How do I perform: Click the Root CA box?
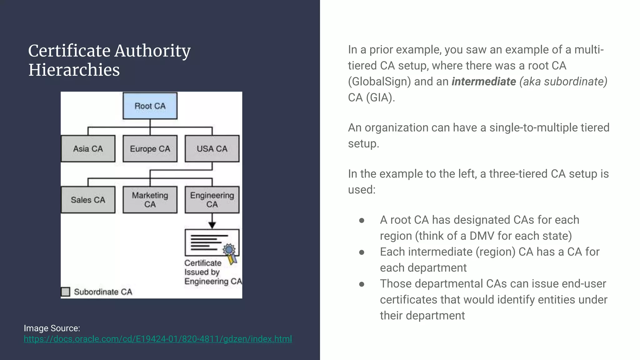150,106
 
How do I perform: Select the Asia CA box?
88,149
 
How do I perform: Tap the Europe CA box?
150,149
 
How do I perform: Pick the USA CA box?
212,149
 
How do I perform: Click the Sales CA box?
88,200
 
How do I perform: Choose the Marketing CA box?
150,200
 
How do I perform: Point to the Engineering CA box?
212,200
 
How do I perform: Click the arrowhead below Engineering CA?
212,225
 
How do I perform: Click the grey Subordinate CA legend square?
66,292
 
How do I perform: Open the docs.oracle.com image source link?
158,339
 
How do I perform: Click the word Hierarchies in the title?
74,70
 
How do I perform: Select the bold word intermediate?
484,82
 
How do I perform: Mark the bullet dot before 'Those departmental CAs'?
362,284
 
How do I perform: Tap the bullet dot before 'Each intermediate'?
362,252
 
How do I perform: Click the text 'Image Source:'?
52,328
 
